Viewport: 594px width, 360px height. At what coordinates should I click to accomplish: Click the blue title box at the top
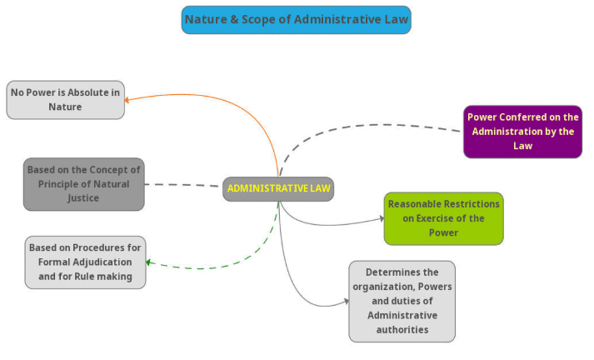point(296,19)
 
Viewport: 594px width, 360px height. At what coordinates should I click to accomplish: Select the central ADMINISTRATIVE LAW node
point(278,188)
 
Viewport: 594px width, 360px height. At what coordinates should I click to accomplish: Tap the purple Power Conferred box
point(522,132)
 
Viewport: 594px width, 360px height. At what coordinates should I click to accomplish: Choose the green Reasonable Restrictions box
point(443,218)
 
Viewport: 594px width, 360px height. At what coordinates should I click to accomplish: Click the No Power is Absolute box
point(66,99)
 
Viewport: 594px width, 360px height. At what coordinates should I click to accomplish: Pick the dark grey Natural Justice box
point(83,183)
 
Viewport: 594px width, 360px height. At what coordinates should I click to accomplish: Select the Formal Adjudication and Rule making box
point(85,262)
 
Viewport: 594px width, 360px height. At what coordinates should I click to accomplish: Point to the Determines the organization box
point(402,301)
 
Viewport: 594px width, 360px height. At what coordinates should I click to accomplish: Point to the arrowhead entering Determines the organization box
point(346,302)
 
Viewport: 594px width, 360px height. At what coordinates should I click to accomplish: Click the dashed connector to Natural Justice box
point(183,184)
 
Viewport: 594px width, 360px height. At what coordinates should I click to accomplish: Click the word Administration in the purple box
point(509,132)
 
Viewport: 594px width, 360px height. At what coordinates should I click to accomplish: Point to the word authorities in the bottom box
point(402,329)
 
